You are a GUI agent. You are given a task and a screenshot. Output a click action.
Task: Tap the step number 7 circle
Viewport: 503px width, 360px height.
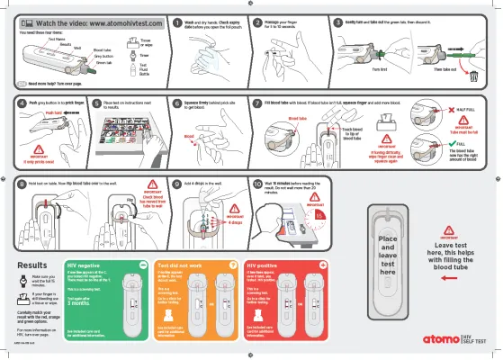[x=257, y=103]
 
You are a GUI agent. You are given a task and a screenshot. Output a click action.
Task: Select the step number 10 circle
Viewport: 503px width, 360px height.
[x=257, y=183]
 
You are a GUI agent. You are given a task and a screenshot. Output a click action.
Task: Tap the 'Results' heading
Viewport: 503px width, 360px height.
[x=32, y=265]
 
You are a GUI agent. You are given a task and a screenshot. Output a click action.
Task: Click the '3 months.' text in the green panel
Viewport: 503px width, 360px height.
[x=81, y=304]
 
